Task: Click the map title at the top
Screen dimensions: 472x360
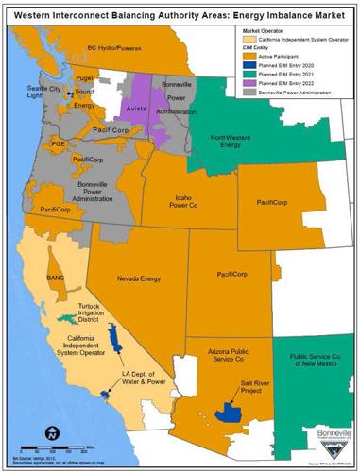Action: tap(180, 10)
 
